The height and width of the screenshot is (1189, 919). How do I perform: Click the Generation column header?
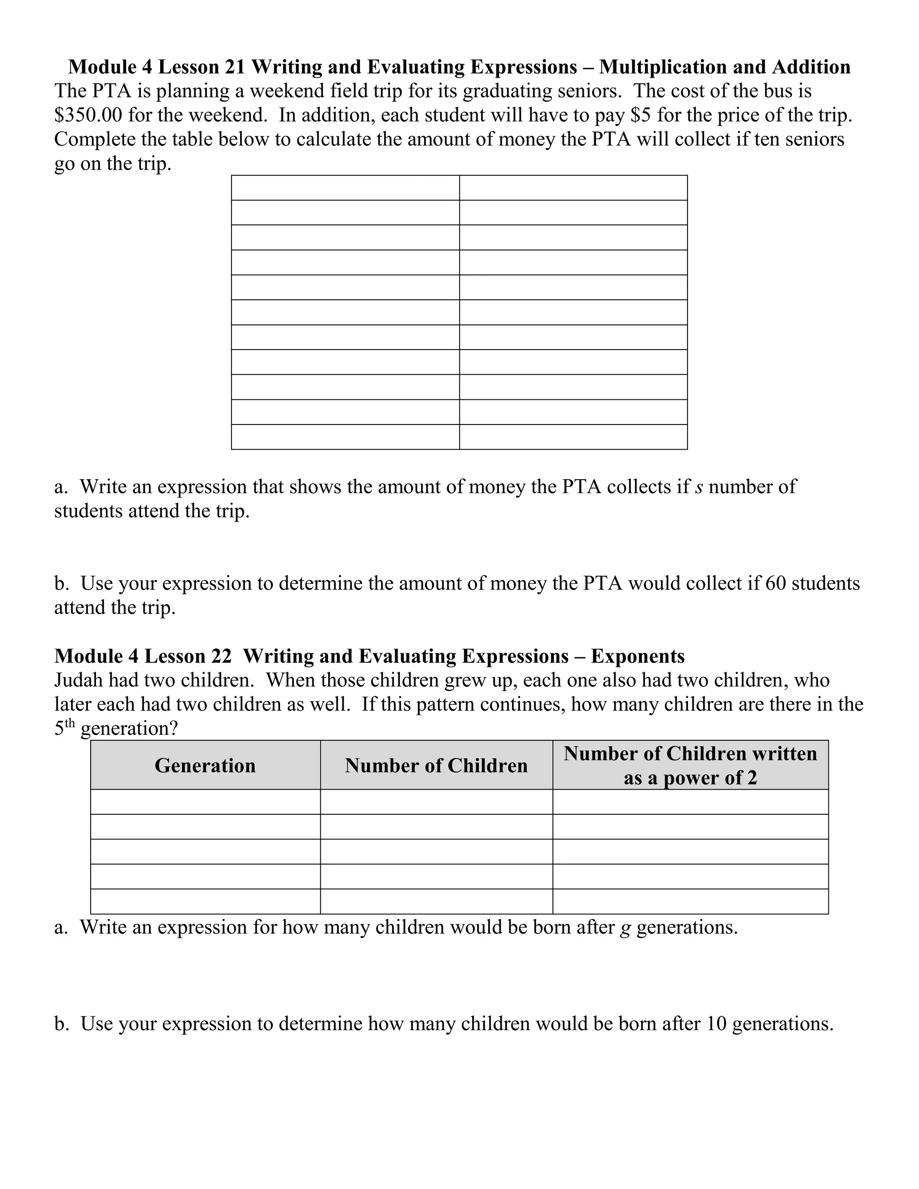click(x=205, y=765)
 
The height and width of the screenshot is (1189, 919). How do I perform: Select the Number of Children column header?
click(x=436, y=765)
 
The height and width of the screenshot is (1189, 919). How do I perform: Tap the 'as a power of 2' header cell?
click(x=690, y=778)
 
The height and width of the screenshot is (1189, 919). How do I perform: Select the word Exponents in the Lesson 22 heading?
click(x=638, y=656)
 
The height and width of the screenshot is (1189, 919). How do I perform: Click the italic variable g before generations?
click(x=625, y=927)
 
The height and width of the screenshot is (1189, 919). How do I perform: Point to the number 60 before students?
click(x=775, y=583)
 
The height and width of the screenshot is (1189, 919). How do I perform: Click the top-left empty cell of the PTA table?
click(x=345, y=188)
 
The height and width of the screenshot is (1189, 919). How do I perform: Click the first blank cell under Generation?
click(x=205, y=802)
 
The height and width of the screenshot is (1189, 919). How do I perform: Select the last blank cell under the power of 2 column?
click(x=690, y=901)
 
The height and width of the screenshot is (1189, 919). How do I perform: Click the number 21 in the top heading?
click(x=235, y=67)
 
